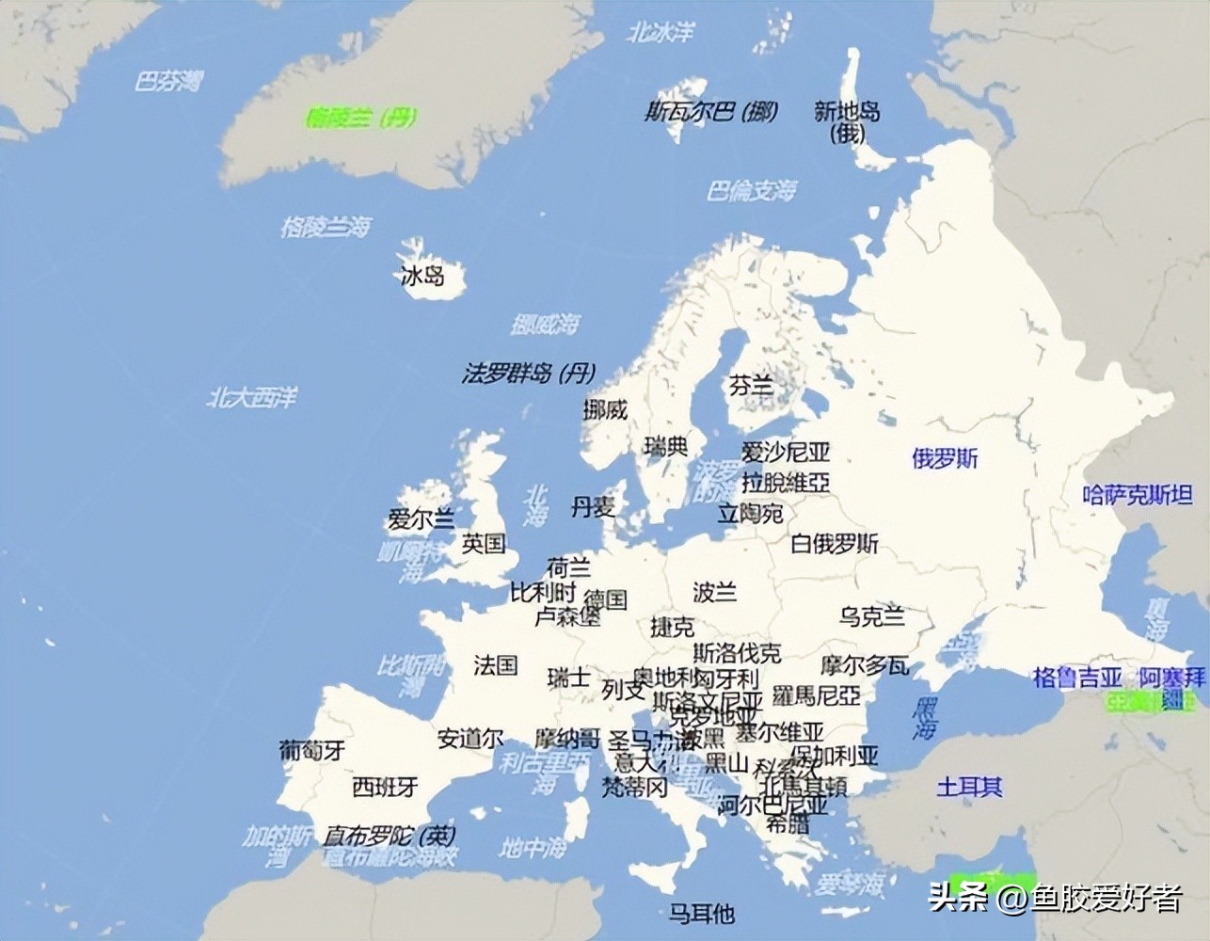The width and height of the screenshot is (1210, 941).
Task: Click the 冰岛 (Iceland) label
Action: [x=422, y=276]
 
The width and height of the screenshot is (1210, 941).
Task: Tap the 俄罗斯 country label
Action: [x=945, y=458]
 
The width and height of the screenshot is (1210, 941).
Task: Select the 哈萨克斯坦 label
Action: [x=1137, y=494]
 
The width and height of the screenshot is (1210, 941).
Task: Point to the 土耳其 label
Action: [x=969, y=787]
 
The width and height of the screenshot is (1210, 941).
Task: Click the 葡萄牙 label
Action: [x=311, y=750]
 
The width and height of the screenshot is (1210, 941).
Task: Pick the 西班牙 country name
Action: [x=385, y=787]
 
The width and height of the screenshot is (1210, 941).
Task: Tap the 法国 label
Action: [x=495, y=665]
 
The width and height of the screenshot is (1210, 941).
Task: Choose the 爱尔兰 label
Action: [x=421, y=519]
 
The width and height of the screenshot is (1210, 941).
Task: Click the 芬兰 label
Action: [x=750, y=385]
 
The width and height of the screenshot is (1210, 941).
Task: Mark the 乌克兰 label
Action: [x=872, y=616]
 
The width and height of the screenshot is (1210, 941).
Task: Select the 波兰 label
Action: [x=714, y=592]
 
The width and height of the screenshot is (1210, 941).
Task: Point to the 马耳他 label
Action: [x=701, y=913]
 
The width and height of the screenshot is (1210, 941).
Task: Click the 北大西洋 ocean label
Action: [x=251, y=397]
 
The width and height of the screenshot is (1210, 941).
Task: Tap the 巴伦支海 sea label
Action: [x=751, y=191]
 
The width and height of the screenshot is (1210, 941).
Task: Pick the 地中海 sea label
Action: [x=533, y=848]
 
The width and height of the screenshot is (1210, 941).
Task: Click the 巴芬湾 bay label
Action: [x=167, y=82]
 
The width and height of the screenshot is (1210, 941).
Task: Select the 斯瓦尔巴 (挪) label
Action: [x=711, y=112]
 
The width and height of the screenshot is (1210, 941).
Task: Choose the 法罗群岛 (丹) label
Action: [x=528, y=374]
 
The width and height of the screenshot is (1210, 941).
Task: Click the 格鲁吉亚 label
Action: [x=1077, y=677]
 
